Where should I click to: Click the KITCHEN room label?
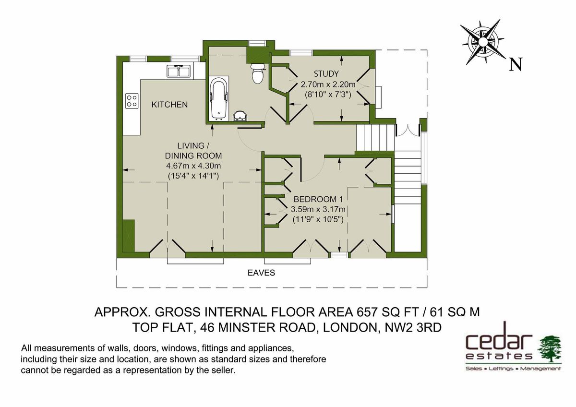point(169,104)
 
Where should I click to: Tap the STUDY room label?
point(326,74)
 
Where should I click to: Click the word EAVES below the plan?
point(261,273)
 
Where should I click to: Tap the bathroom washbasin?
point(240,116)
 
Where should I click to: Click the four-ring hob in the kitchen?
point(132,100)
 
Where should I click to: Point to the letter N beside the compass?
point(516,65)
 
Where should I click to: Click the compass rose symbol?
point(482,42)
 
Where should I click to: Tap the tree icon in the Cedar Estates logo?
point(550,348)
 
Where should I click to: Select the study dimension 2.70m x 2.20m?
point(328,84)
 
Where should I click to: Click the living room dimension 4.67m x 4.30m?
point(193,166)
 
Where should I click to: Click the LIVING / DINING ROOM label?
point(193,150)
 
